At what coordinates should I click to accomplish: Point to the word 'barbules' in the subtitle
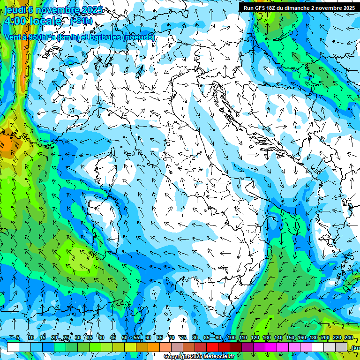[106, 37]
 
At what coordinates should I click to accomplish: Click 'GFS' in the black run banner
[262, 8]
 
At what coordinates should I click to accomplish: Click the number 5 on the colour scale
[18, 338]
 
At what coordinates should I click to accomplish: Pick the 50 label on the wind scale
[124, 338]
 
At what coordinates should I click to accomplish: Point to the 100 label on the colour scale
[231, 338]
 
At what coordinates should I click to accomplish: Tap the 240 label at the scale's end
[349, 338]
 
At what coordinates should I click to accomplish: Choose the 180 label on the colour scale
[313, 338]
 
